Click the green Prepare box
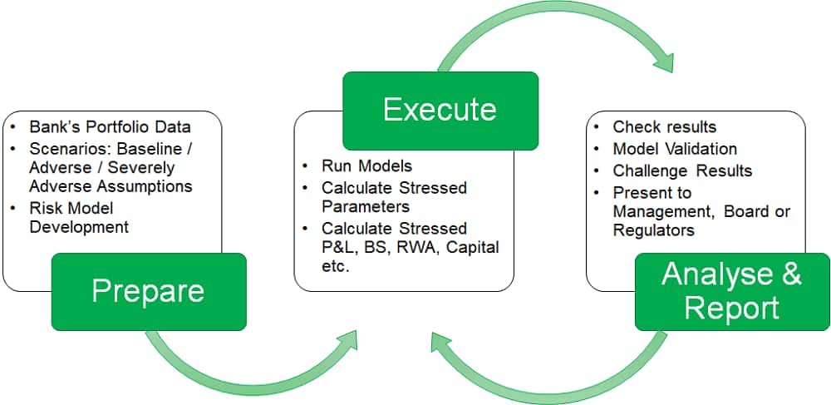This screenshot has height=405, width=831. point(149,291)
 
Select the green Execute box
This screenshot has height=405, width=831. point(440,110)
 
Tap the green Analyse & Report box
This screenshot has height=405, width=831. point(732,291)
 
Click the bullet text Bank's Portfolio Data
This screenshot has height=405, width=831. point(110,127)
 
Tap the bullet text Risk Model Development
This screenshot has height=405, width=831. point(79,217)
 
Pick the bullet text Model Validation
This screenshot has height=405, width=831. point(674,149)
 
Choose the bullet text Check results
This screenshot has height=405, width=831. point(664,127)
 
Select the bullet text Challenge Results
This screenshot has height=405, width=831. point(681,170)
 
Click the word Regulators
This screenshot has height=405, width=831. point(653,230)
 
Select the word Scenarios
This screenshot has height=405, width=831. point(67,149)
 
